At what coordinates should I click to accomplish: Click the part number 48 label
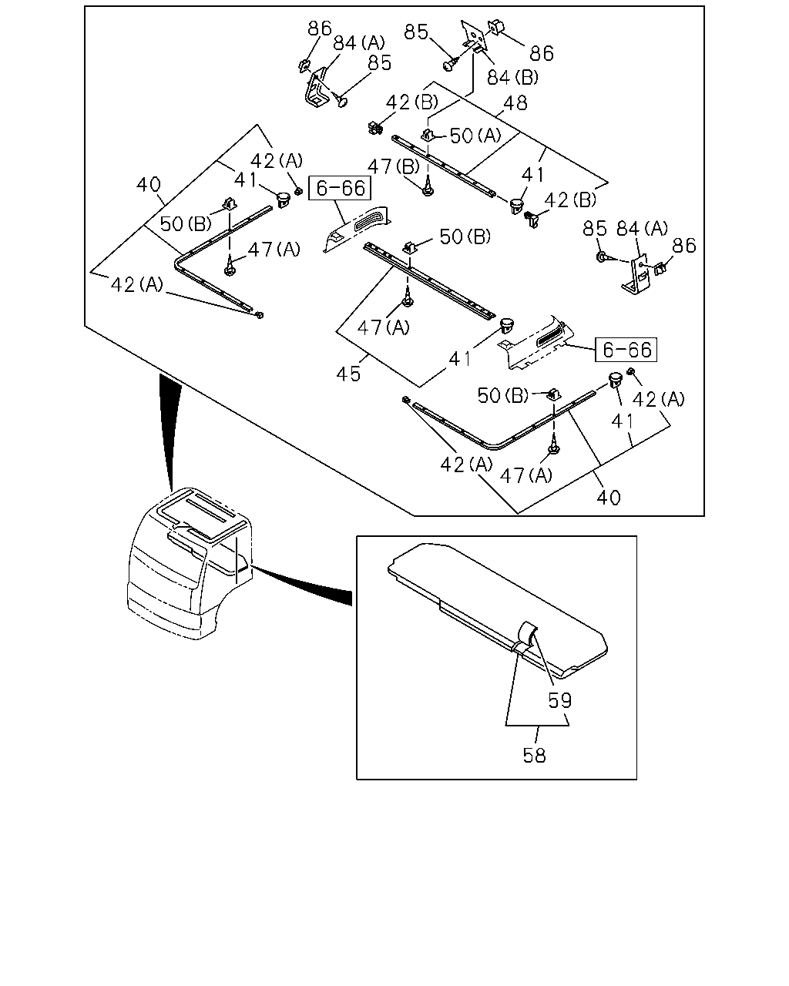(x=515, y=103)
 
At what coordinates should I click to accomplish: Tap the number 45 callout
(x=348, y=374)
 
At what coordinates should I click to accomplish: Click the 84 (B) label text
(x=512, y=78)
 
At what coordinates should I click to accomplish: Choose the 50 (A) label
(x=475, y=136)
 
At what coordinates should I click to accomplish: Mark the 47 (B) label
(x=394, y=166)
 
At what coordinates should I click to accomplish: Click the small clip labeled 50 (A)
(x=428, y=135)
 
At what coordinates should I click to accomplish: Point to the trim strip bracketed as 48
(x=443, y=166)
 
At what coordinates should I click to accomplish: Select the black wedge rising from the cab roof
(x=170, y=431)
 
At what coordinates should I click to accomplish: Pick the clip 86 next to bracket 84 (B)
(x=496, y=26)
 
